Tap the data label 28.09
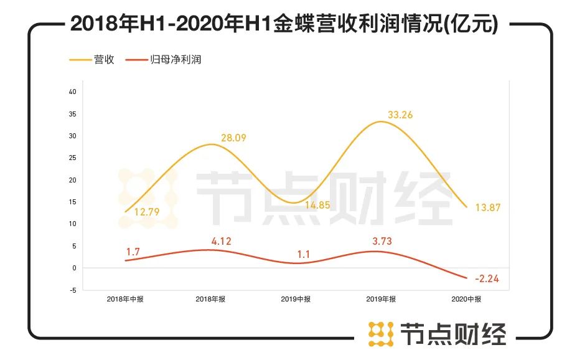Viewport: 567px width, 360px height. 232,138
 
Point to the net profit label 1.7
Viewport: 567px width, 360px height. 133,252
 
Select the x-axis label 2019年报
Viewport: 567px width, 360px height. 380,300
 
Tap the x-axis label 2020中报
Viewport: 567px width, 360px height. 466,300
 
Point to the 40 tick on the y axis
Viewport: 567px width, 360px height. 72,92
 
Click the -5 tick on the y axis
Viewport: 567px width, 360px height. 73,290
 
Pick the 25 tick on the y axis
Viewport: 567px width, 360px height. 72,158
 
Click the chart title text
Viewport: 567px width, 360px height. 284,24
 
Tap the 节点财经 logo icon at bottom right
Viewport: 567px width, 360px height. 381,334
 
